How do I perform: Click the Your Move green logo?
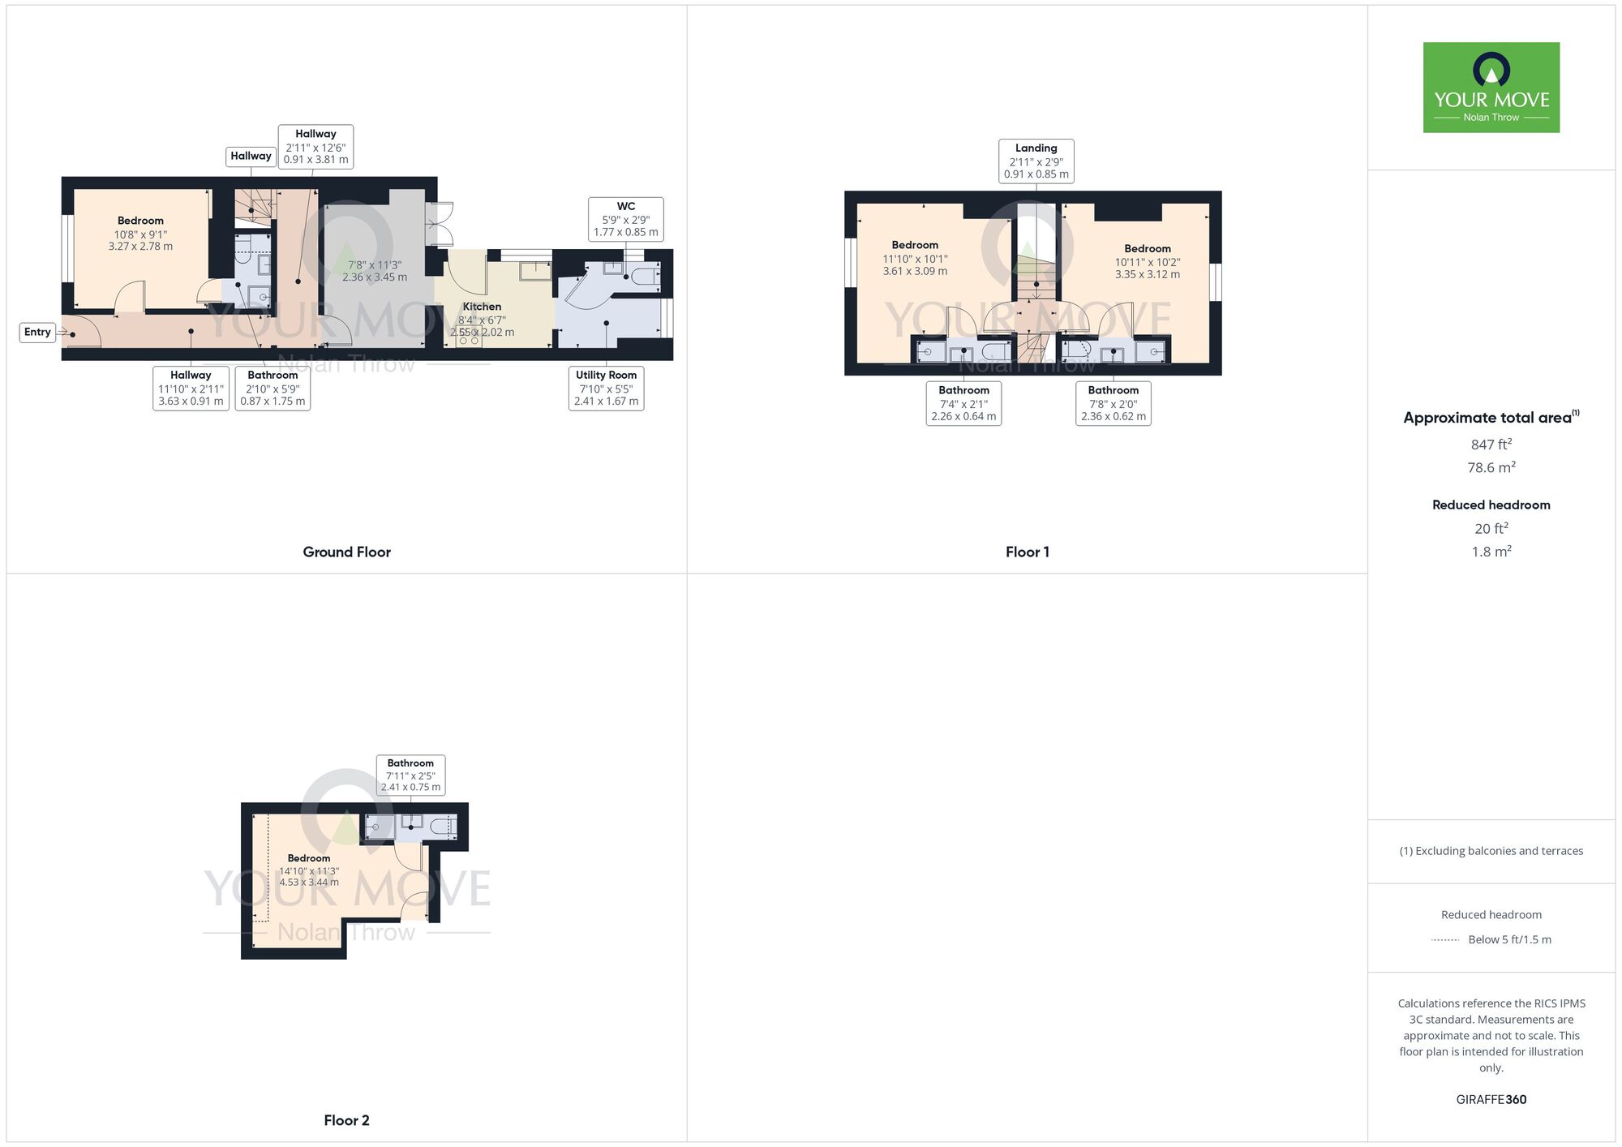click(1491, 88)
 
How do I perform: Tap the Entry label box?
click(37, 332)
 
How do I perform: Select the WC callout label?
click(625, 219)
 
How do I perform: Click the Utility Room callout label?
click(606, 388)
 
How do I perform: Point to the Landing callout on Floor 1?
click(1036, 161)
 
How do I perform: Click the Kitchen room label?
click(482, 307)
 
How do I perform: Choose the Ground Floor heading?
click(346, 552)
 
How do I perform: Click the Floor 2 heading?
click(346, 1120)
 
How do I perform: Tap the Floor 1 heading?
click(1027, 552)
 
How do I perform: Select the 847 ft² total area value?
click(1491, 445)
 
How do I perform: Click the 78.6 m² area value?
click(1491, 467)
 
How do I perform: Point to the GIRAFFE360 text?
click(1491, 1099)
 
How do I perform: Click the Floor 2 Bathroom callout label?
click(410, 775)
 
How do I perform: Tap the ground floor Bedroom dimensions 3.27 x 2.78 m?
click(140, 247)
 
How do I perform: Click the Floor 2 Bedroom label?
click(309, 858)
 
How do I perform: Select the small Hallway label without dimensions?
click(251, 156)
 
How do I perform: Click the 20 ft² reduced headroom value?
click(1491, 528)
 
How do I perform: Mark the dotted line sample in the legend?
click(1445, 940)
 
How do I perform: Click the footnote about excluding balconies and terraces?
click(1491, 851)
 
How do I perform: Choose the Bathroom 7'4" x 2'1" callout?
click(963, 403)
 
